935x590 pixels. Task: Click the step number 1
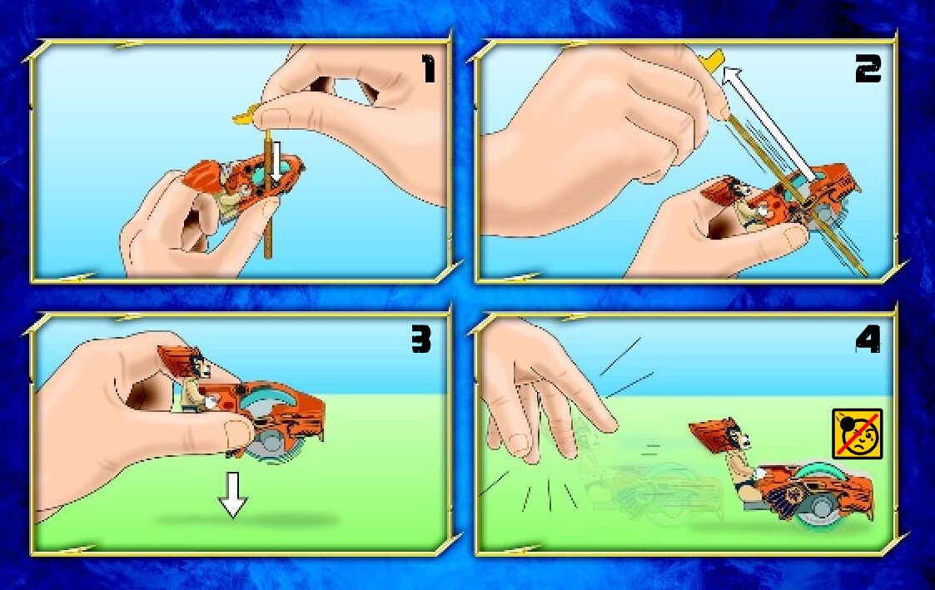(x=430, y=68)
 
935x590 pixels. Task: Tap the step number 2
(x=868, y=68)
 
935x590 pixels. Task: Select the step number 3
(x=421, y=340)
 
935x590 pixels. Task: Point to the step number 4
(x=868, y=340)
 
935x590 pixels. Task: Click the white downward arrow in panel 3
(x=232, y=495)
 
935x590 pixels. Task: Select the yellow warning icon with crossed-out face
(x=857, y=434)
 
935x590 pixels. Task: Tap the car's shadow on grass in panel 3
(x=246, y=519)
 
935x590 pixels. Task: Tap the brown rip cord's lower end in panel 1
(x=268, y=256)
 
